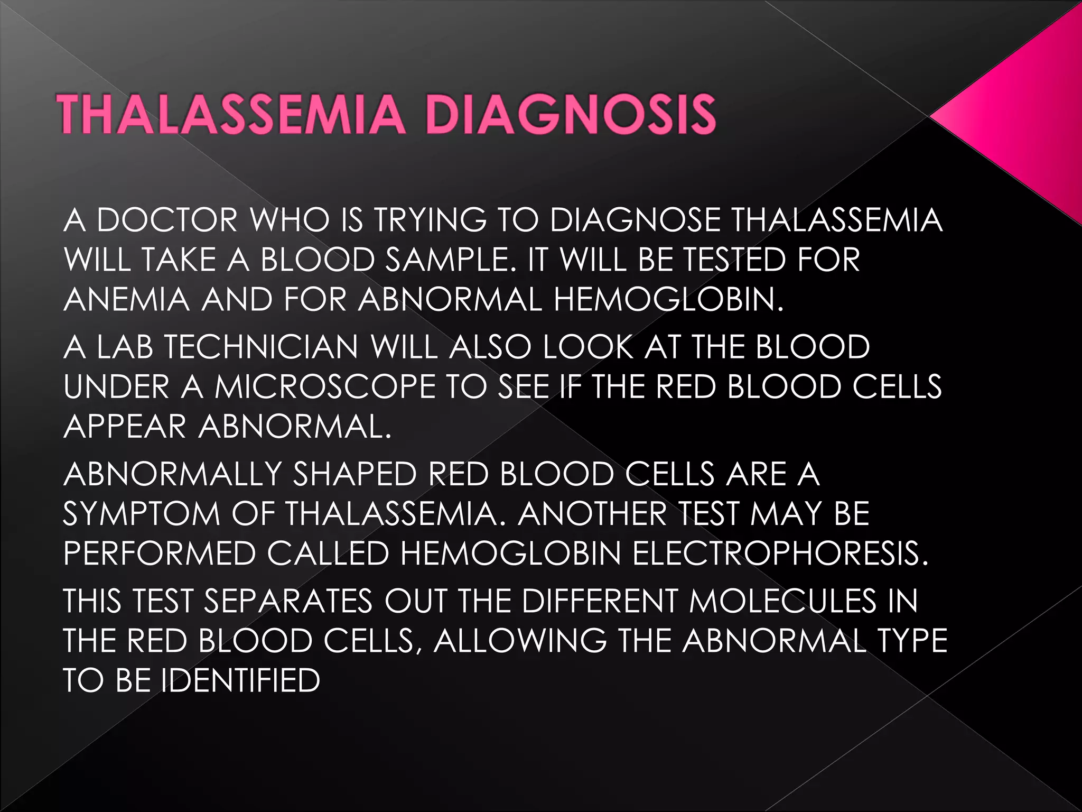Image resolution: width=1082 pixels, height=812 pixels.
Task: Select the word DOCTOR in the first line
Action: [167, 220]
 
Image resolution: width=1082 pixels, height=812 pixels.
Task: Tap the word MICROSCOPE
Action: [325, 387]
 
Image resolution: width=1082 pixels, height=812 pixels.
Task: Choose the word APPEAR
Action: [125, 427]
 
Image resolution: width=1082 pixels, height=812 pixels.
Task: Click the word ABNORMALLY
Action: [173, 474]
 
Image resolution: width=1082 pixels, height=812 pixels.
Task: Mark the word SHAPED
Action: [355, 474]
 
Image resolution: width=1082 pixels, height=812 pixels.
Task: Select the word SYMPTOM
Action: [142, 514]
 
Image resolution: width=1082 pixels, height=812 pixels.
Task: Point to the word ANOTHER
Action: [592, 514]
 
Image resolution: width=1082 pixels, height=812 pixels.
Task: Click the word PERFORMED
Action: [160, 553]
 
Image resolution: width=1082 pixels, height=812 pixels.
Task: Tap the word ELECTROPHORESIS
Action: [780, 553]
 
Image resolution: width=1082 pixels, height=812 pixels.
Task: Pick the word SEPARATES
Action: [288, 601]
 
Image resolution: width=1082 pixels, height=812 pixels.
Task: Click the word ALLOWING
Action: [520, 641]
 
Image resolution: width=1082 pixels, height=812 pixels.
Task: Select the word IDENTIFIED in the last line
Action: [241, 680]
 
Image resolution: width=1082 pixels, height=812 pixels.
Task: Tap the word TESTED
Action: [734, 260]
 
